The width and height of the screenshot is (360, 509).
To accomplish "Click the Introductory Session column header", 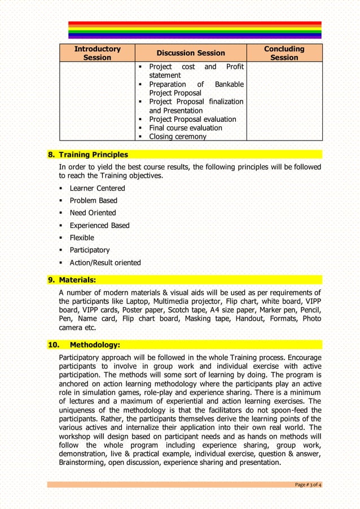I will (x=97, y=53).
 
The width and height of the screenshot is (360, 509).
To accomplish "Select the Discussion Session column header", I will (x=191, y=53).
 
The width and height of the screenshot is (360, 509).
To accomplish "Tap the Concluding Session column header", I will (x=284, y=53).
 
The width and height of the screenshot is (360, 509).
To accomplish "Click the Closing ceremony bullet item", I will (x=177, y=137).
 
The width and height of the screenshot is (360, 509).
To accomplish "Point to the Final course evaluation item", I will (x=185, y=128).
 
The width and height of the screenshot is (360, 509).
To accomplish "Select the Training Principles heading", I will (x=94, y=155).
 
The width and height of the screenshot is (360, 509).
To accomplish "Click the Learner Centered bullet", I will (x=97, y=188).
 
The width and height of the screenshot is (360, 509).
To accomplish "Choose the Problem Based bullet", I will (x=93, y=201).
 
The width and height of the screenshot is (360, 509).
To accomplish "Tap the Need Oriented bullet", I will (x=93, y=213).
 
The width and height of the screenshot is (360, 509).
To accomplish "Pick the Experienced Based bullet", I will (x=99, y=225).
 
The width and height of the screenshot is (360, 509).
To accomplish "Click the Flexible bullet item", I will (x=82, y=238).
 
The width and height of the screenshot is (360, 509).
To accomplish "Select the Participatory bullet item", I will (x=90, y=250).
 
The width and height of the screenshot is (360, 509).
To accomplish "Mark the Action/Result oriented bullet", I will (x=105, y=262).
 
